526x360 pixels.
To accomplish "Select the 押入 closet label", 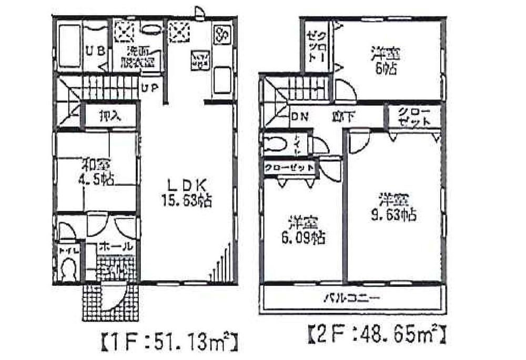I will coord(110,116).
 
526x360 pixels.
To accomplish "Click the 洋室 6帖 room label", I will coord(386,59).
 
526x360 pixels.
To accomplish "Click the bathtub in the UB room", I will coord(68,46).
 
